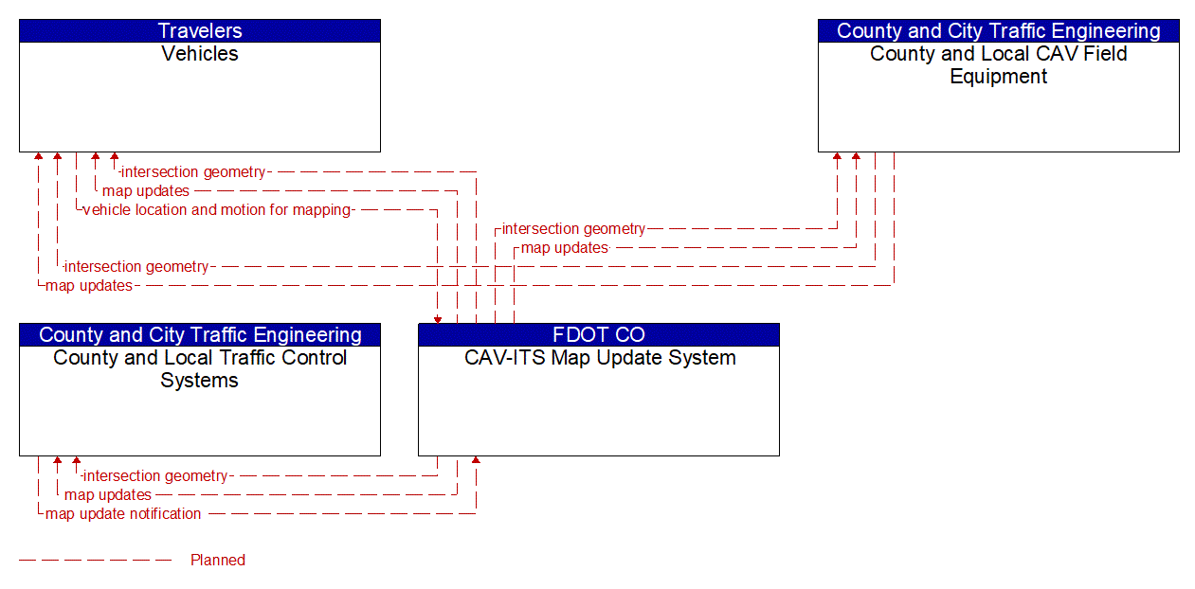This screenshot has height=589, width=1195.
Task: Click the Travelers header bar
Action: click(200, 31)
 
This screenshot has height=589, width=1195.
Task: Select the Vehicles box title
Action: click(200, 54)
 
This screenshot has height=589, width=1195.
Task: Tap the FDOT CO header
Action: click(599, 334)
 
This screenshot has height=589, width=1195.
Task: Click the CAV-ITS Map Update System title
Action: click(600, 358)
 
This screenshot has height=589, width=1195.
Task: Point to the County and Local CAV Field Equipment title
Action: click(998, 65)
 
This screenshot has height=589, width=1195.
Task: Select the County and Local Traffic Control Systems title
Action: click(200, 369)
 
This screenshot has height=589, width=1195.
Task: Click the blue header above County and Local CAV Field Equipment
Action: click(998, 31)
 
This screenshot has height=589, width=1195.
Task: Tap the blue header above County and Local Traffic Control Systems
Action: click(200, 334)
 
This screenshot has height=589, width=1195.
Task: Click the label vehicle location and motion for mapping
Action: click(217, 210)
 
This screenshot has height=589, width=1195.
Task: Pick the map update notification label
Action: click(123, 514)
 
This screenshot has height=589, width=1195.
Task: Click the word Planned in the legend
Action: click(218, 560)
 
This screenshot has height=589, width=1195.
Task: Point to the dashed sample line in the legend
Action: click(95, 561)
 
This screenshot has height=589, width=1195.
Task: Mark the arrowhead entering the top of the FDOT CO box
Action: click(438, 320)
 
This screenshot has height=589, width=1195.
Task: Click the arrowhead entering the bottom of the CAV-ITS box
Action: click(476, 460)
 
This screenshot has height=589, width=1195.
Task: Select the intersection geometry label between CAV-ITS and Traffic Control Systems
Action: click(155, 476)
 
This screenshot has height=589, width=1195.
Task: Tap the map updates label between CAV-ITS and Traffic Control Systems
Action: click(108, 495)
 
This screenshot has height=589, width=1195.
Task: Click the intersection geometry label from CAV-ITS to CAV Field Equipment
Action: click(573, 229)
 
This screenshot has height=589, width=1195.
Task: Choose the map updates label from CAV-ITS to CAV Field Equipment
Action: click(565, 248)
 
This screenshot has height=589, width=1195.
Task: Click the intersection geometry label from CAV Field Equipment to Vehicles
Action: click(136, 266)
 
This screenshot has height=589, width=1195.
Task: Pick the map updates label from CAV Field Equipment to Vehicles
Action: click(89, 286)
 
